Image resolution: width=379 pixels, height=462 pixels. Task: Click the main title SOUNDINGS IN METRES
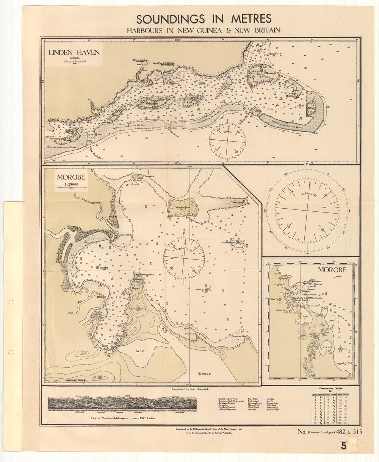tap(204, 19)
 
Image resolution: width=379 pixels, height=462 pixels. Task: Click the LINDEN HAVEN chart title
tap(74, 52)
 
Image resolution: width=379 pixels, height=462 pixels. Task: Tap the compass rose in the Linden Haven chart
tap(227, 140)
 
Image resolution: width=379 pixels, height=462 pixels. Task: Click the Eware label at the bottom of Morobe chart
tap(204, 374)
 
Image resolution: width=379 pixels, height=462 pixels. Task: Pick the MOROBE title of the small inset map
tap(332, 270)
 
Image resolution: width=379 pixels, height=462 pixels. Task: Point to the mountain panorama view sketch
tap(122, 404)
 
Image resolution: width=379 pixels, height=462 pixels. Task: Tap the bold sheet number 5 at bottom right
tap(343, 446)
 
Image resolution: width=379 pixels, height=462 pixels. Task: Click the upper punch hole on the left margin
tap(11, 302)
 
